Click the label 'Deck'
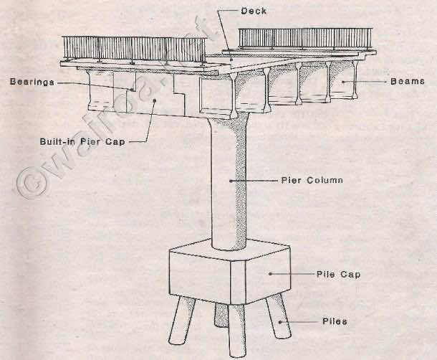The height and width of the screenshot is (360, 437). pyautogui.click(x=254, y=11)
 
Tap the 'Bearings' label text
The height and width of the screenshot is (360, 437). pyautogui.click(x=32, y=82)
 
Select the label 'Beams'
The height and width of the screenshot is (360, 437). pyautogui.click(x=408, y=81)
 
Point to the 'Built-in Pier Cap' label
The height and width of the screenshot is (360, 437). pyautogui.click(x=82, y=141)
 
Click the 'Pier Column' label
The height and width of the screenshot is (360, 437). pyautogui.click(x=312, y=180)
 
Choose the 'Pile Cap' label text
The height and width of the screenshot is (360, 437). pyautogui.click(x=338, y=275)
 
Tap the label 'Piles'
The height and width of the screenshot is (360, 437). pyautogui.click(x=335, y=321)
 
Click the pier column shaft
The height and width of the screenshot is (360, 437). pyautogui.click(x=229, y=184)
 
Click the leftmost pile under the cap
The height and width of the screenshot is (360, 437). pyautogui.click(x=182, y=321)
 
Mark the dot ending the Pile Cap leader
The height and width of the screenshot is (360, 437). pyautogui.click(x=270, y=274)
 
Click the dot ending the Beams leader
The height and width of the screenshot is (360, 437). pyautogui.click(x=343, y=82)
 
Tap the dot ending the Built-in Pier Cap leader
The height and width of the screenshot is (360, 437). pyautogui.click(x=155, y=100)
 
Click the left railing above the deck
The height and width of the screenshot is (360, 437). pyautogui.click(x=134, y=49)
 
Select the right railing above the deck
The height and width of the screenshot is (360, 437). pyautogui.click(x=305, y=38)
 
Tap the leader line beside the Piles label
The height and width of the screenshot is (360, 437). pyautogui.click(x=299, y=322)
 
